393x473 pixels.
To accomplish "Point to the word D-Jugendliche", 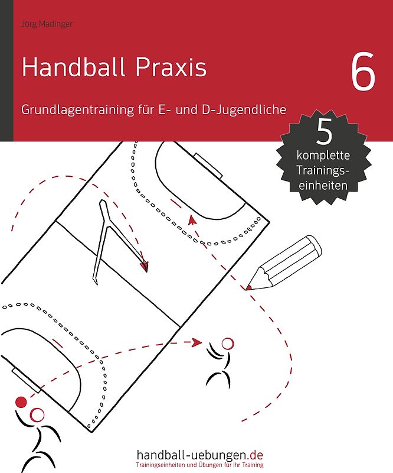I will [x=252, y=109].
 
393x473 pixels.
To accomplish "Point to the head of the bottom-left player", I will [x=37, y=414].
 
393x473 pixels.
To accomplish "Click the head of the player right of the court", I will [x=227, y=343].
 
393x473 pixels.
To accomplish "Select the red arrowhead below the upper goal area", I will [x=191, y=219].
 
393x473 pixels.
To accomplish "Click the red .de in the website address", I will [x=256, y=455].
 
